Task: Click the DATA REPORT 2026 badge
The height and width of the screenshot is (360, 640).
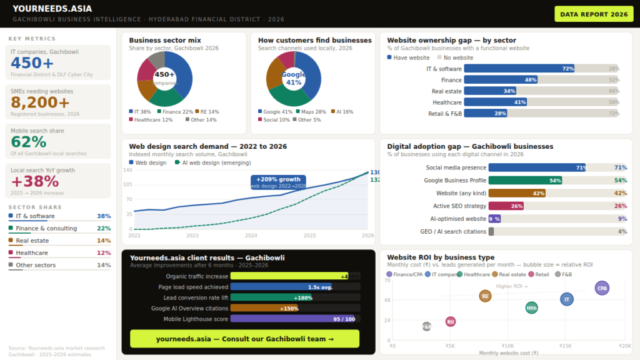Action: [594, 14]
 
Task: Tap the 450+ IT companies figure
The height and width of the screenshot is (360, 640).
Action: [32, 63]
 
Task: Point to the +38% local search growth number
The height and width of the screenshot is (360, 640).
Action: [35, 181]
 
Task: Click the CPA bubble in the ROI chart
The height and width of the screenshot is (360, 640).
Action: [602, 288]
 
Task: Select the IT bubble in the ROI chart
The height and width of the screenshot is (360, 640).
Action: [567, 299]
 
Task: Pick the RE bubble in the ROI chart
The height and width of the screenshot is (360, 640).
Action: [485, 296]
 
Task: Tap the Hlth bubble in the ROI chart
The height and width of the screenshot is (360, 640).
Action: [531, 307]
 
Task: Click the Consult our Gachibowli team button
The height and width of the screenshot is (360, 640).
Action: [244, 339]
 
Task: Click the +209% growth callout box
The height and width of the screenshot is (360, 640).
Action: [278, 182]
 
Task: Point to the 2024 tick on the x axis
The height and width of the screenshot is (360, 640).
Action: [251, 236]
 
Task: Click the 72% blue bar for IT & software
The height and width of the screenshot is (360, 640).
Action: [519, 69]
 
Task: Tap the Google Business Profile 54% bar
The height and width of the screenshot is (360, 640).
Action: [525, 180]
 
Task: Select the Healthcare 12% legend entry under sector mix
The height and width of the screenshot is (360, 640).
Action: [151, 119]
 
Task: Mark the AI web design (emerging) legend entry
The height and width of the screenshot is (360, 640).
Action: [212, 162]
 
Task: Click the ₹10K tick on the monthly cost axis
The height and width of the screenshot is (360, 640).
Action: [507, 346]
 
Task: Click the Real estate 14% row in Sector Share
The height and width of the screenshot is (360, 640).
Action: [59, 241]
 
